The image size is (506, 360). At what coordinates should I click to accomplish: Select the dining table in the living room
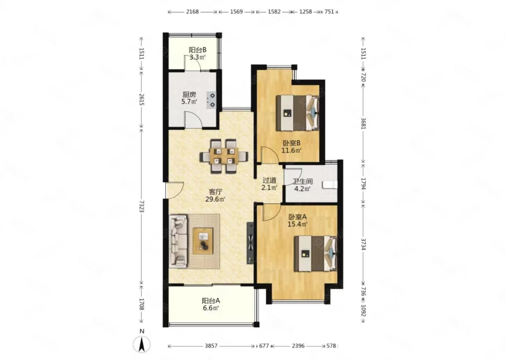tap(224, 156)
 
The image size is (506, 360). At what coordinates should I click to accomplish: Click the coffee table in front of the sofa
tap(203, 241)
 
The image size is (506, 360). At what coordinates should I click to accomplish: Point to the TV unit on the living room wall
tap(250, 243)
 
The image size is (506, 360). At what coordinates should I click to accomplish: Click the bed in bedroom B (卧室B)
tap(298, 112)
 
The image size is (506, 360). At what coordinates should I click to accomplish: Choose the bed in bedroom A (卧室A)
tap(316, 253)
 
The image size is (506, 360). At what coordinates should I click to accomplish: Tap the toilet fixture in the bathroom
tap(330, 185)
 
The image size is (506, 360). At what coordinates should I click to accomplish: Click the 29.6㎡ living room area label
tap(215, 199)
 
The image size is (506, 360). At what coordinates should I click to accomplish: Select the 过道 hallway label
tap(270, 180)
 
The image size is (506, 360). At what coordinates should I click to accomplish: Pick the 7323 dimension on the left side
tap(142, 206)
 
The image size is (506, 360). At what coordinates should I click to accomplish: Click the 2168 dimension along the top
tap(193, 12)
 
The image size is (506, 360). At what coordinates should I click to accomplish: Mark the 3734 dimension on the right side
tap(363, 244)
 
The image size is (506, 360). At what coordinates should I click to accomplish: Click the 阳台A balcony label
tap(211, 301)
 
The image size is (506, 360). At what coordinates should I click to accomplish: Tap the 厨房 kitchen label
tap(189, 95)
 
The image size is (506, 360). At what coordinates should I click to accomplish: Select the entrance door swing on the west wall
tap(174, 190)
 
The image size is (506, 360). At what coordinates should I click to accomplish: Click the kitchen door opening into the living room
tap(193, 120)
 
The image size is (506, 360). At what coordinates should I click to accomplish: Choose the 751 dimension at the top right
tap(329, 12)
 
